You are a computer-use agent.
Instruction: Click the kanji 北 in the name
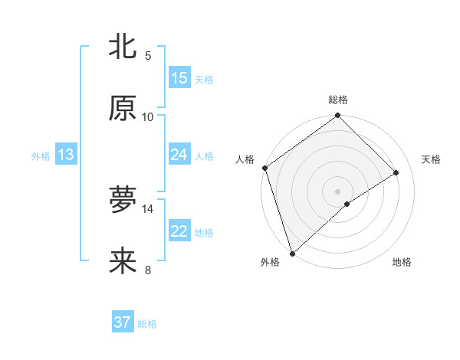click(123, 47)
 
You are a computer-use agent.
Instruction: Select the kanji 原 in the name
click(123, 108)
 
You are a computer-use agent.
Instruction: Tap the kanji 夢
click(123, 200)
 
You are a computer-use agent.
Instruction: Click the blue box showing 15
click(179, 78)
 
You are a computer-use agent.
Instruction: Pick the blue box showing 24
click(179, 155)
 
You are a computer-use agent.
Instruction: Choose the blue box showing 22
click(179, 231)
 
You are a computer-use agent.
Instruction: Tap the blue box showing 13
click(66, 155)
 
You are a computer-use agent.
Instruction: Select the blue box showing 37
click(123, 322)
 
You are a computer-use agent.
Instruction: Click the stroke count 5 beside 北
click(148, 55)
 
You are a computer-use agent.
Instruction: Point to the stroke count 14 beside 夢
click(148, 208)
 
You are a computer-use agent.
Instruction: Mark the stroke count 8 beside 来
click(148, 270)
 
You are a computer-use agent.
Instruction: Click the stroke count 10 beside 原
click(148, 116)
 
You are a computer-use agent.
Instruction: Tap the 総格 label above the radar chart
click(338, 100)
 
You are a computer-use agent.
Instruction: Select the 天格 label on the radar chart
click(431, 159)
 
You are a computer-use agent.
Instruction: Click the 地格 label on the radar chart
click(402, 263)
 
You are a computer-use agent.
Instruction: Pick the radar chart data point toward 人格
click(264, 168)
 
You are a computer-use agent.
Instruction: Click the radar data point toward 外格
click(292, 253)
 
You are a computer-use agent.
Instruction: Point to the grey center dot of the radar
click(338, 191)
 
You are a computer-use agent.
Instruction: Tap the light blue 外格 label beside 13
click(41, 156)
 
